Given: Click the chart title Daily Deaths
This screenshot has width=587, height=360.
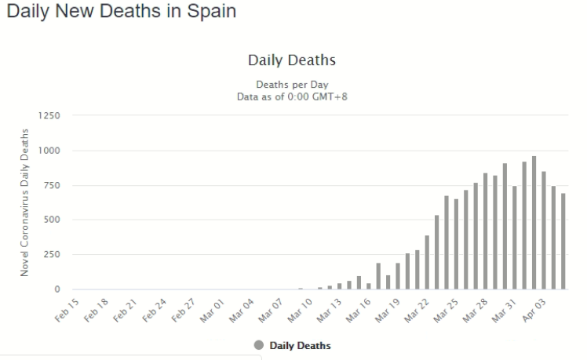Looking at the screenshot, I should click(292, 60).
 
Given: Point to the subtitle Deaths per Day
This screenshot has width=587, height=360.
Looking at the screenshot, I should click(292, 84).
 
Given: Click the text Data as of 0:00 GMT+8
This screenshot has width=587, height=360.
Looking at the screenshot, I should click(292, 96).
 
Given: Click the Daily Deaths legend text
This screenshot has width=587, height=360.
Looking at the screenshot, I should click(300, 346).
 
